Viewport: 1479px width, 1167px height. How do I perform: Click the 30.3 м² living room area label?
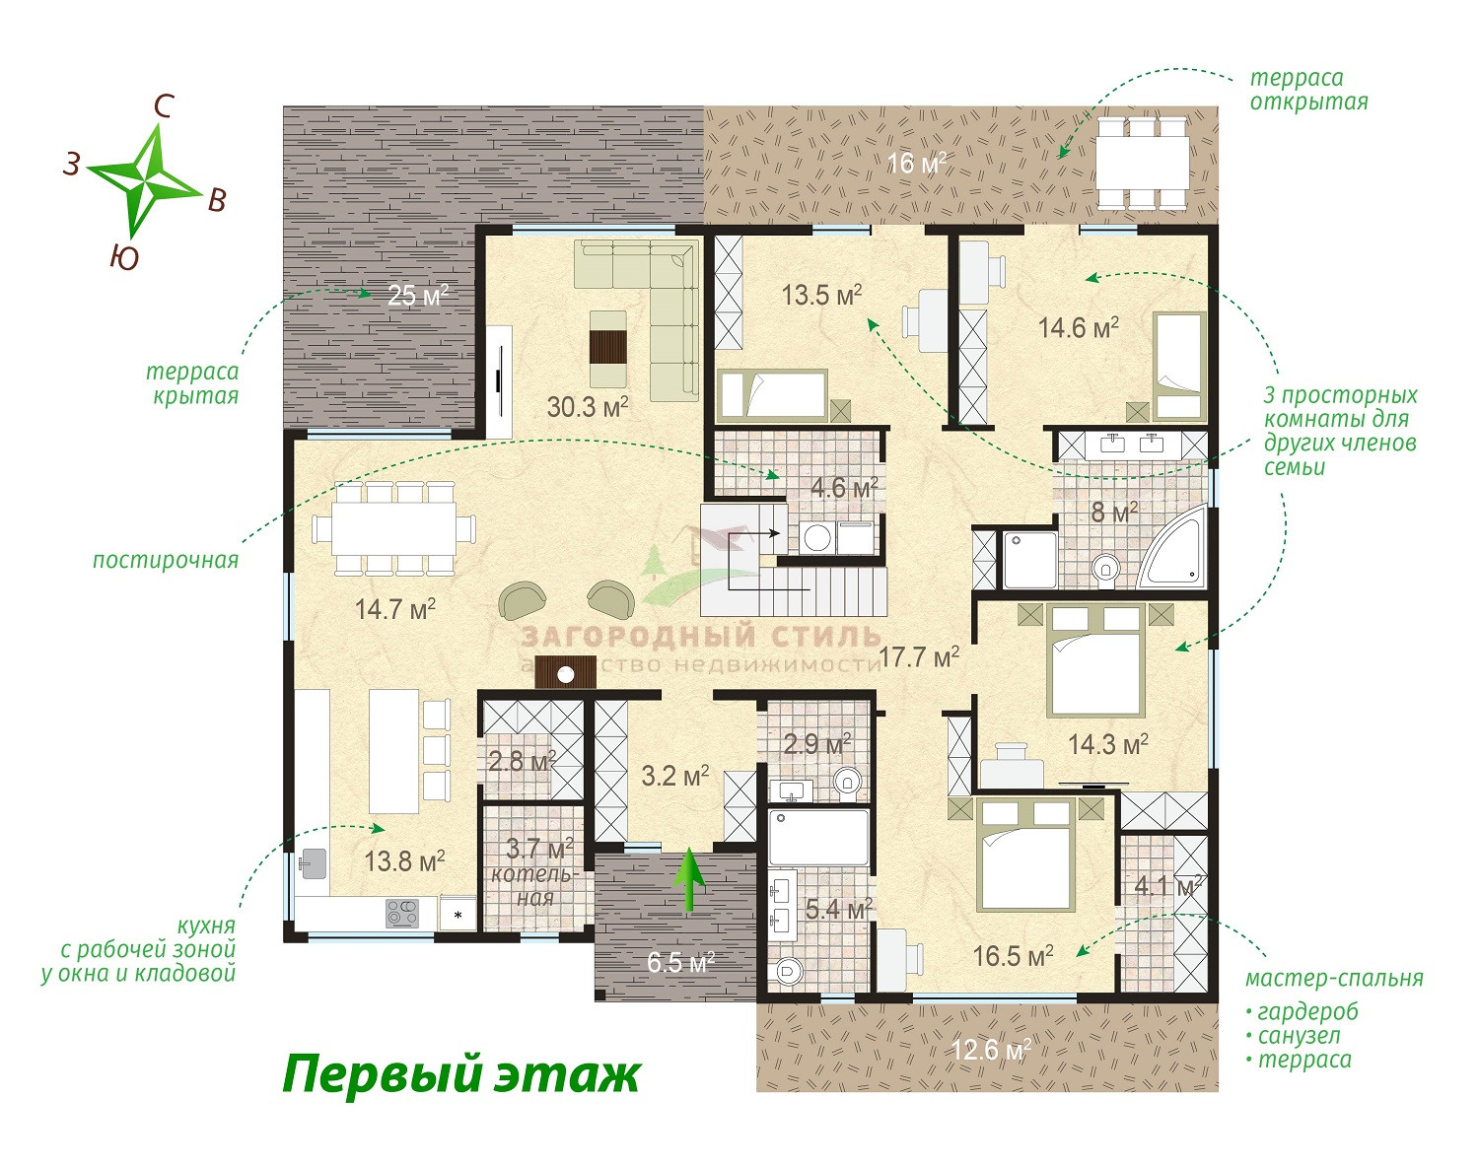(x=588, y=407)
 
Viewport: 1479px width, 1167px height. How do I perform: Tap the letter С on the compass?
(x=163, y=106)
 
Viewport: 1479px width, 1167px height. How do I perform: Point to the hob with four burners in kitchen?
(x=402, y=914)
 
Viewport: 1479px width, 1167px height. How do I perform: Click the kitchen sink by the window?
(x=314, y=862)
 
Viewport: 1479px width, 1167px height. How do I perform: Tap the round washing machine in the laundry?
(x=817, y=537)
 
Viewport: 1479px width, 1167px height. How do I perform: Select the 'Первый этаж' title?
(x=461, y=1075)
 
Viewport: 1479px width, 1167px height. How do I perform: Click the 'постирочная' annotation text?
(x=166, y=560)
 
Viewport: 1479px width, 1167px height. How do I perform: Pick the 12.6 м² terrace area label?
(x=990, y=1050)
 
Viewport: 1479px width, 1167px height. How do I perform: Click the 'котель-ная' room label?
(x=533, y=886)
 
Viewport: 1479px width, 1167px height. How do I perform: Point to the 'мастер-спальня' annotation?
(x=1334, y=978)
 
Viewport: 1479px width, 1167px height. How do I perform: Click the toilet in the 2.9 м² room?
(x=848, y=782)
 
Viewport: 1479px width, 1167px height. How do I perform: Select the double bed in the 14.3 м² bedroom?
(x=1094, y=659)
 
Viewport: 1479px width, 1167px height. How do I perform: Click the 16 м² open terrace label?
(x=916, y=164)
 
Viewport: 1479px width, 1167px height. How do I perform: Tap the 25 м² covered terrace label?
(x=418, y=295)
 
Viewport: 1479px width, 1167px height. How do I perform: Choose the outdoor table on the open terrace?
(x=1142, y=163)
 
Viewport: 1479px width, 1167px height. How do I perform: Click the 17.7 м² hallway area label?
(x=919, y=657)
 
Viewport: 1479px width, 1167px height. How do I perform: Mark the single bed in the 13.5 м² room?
(x=772, y=395)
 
